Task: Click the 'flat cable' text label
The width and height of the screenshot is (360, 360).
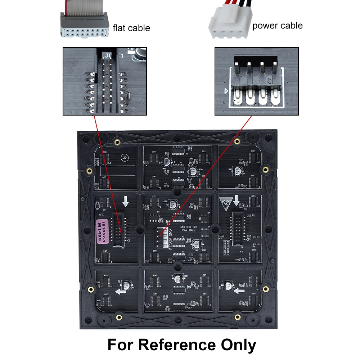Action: [131, 28]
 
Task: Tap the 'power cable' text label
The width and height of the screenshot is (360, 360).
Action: [277, 26]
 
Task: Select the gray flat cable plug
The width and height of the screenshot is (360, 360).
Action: [83, 25]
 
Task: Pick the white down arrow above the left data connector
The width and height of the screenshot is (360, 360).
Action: [125, 202]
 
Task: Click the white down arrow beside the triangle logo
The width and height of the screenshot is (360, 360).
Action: [237, 200]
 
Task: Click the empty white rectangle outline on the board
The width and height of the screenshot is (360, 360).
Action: [117, 170]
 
